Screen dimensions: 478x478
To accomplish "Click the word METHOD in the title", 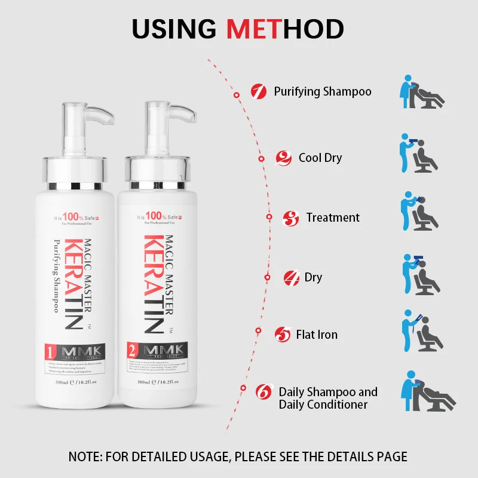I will [x=286, y=28].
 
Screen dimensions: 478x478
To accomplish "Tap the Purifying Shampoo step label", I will [x=323, y=91].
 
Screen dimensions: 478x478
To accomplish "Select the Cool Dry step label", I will [x=320, y=158].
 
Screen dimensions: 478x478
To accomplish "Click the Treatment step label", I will [x=333, y=217].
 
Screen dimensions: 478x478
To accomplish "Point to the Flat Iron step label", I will [x=317, y=335].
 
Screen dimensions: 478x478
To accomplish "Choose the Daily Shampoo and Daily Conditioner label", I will [x=328, y=398].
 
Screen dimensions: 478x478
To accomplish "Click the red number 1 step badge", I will [x=258, y=91].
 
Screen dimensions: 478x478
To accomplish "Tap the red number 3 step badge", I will [x=290, y=218].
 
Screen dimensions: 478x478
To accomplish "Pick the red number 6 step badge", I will [x=263, y=393].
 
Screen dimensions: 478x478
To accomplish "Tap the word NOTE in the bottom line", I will [x=85, y=457].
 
